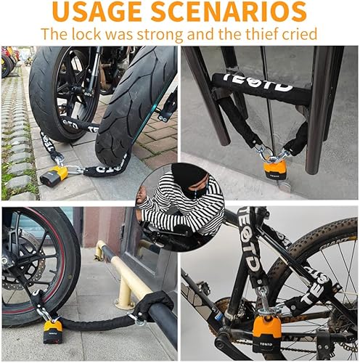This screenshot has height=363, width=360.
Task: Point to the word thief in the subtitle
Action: tap(248, 33)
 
